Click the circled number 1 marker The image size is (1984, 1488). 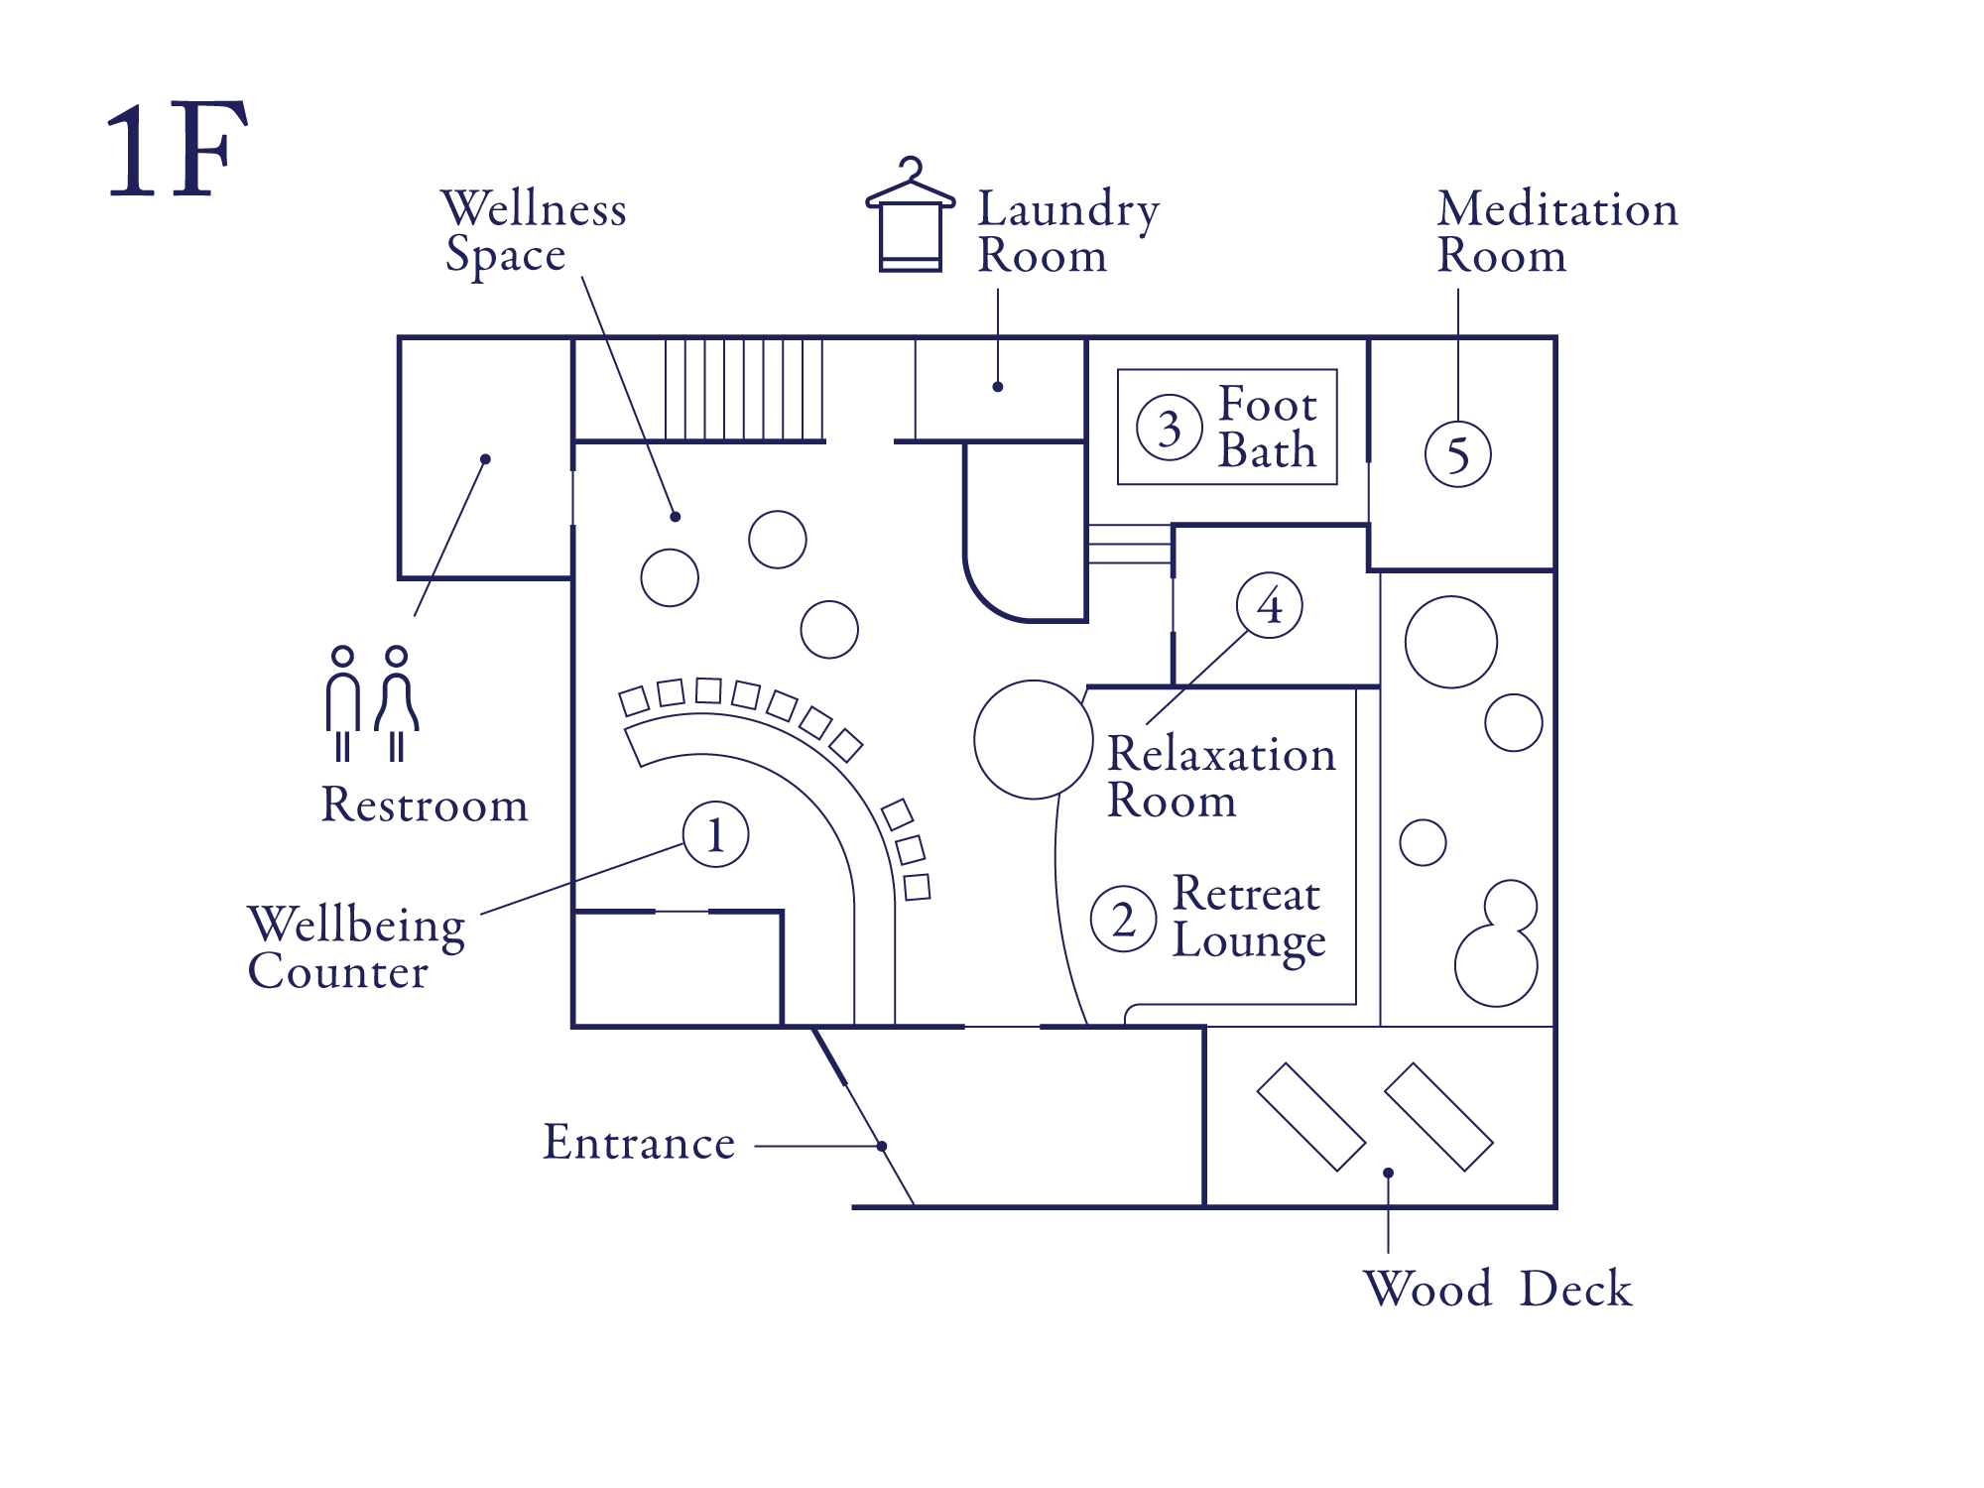[715, 834]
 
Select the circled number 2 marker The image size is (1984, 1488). [1123, 919]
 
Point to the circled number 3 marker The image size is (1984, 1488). [1170, 429]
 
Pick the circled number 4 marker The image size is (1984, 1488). [1269, 605]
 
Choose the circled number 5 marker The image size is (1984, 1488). [1457, 454]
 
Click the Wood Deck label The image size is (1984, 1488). [1497, 1289]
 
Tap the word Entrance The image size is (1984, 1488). [639, 1143]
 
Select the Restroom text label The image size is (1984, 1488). [425, 805]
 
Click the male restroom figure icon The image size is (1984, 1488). [342, 703]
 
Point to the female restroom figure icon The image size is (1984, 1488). [397, 703]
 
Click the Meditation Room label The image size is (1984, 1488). [1556, 232]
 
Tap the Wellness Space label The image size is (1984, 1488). [533, 231]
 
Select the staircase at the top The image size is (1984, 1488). [744, 390]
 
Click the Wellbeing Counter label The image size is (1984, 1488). [356, 947]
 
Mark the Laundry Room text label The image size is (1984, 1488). [1067, 232]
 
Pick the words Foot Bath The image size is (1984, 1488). [1267, 428]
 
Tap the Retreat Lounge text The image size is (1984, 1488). [1248, 918]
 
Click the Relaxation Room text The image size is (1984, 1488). [1221, 777]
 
